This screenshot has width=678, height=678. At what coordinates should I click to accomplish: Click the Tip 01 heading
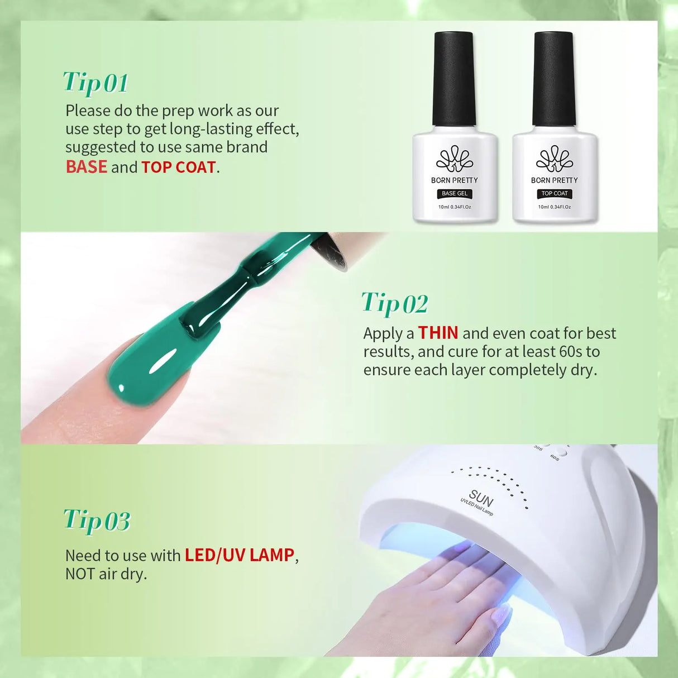[96, 83]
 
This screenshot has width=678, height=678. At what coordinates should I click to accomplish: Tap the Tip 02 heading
[394, 303]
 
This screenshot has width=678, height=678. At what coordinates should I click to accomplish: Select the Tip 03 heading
[97, 521]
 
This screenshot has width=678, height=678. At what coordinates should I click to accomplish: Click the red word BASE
[86, 167]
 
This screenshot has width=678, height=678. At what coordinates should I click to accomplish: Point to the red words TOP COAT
[178, 167]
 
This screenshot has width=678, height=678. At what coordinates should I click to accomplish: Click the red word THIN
[438, 333]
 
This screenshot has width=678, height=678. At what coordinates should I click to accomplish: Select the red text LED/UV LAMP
[239, 555]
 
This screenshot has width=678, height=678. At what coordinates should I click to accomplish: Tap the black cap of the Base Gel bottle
[454, 78]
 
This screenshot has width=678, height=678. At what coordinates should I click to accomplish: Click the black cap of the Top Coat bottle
[553, 78]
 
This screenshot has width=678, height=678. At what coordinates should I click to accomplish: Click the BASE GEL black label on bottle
[455, 193]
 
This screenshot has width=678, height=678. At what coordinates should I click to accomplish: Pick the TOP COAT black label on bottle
[554, 193]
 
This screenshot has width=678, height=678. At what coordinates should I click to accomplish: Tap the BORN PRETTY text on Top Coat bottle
[554, 180]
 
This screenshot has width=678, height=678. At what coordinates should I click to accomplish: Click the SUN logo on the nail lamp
[481, 497]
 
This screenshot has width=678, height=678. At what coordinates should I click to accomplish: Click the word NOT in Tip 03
[80, 574]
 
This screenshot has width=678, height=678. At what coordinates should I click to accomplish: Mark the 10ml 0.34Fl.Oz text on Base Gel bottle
[455, 207]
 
